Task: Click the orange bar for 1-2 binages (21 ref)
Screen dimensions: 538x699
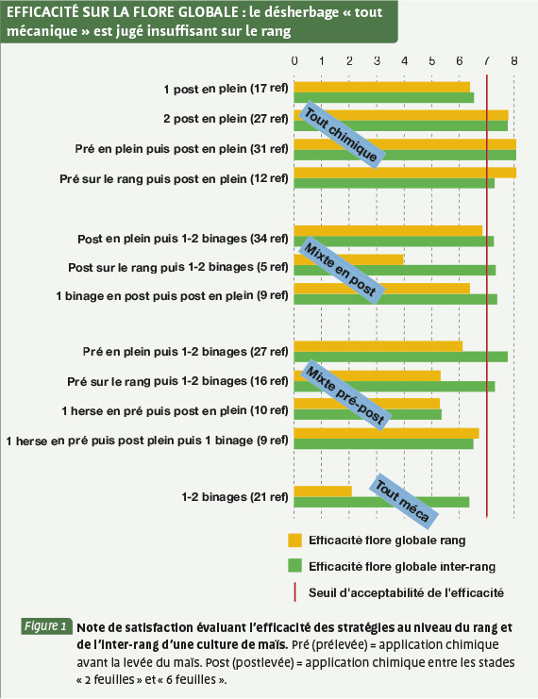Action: pos(323,491)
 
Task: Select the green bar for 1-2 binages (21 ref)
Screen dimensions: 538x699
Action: pos(381,502)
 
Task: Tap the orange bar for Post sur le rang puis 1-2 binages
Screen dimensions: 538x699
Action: pos(349,259)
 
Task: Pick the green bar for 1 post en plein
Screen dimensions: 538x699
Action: pos(383,97)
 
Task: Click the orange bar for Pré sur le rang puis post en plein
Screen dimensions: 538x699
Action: pos(405,173)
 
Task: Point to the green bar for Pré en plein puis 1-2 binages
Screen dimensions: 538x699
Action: pos(400,357)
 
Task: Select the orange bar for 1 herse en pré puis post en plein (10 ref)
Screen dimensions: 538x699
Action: pos(367,404)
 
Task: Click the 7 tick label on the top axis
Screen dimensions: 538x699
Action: pos(487,60)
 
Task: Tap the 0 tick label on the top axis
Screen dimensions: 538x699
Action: pos(294,60)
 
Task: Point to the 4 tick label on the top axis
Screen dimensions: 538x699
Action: pos(404,60)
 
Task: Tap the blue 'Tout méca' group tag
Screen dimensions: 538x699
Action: pos(403,502)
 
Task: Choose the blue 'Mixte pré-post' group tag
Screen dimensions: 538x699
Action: pos(344,396)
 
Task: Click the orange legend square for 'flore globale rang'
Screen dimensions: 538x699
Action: pos(294,541)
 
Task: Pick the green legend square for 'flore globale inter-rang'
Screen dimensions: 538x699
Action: pos(294,566)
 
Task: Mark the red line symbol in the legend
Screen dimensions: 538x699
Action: pos(294,592)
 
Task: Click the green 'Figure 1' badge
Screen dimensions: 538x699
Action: pos(46,626)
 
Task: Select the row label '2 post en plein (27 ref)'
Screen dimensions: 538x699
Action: pos(226,119)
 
